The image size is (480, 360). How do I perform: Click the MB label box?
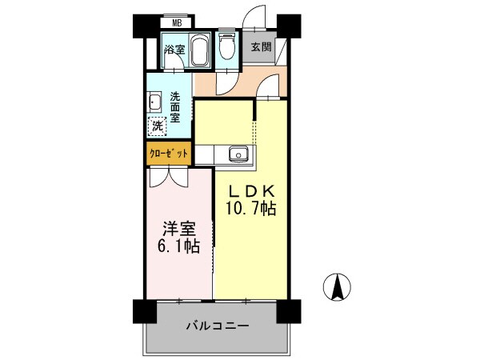tap(177, 24)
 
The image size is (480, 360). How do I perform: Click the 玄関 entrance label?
tap(261, 46)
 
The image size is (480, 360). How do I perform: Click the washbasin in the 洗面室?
tap(155, 102)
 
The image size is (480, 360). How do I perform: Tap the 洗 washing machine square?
tap(158, 125)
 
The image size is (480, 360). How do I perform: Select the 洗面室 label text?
tap(176, 107)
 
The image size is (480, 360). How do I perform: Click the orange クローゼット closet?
tap(168, 153)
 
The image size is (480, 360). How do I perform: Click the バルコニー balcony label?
tap(218, 326)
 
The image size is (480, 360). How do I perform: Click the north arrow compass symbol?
tap(338, 286)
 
